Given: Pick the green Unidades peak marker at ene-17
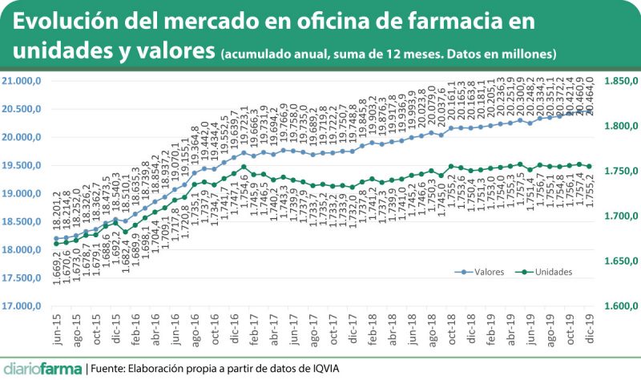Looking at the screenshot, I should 244,167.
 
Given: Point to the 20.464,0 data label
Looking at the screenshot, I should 591,95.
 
